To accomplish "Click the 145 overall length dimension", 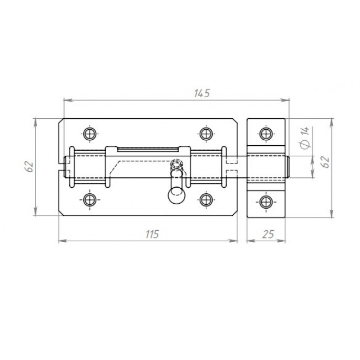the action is point(202,93).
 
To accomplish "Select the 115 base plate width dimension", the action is point(152,234).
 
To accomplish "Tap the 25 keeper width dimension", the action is point(268,234).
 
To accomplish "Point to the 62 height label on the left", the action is point(29,167).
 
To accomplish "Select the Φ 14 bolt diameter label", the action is point(305,137).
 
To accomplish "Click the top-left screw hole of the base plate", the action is point(90,134).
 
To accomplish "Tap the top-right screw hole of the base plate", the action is point(206,134).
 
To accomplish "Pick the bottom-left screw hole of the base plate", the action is point(90,200).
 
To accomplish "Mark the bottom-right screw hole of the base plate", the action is point(206,200).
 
